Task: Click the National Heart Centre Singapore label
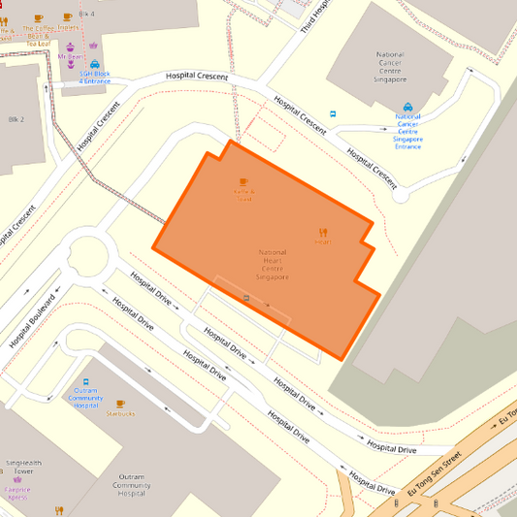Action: tap(273, 265)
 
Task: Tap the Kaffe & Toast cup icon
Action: tap(243, 181)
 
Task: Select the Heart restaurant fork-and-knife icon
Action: tap(322, 232)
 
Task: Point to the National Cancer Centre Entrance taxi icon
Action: tap(407, 108)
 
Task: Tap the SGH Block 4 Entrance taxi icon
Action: tap(95, 64)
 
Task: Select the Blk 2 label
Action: tap(15, 119)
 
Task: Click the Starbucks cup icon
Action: tap(120, 404)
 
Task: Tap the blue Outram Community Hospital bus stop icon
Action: tap(85, 382)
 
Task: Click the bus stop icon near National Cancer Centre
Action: tap(334, 113)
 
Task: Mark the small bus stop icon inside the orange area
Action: tap(246, 299)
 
